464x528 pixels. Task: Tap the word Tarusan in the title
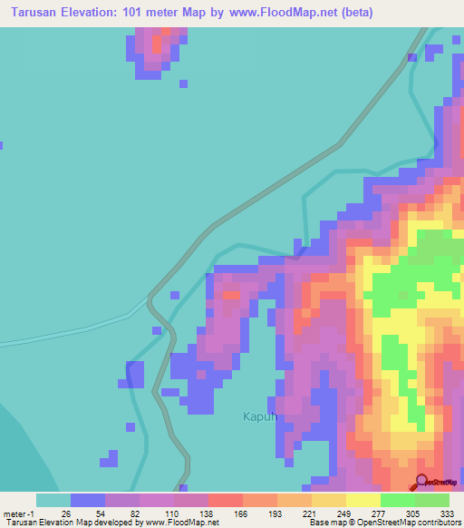point(36,13)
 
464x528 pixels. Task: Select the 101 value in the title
point(150,13)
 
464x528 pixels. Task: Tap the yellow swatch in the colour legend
point(362,500)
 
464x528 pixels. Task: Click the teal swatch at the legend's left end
point(53,500)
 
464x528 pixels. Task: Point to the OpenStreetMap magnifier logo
point(421,482)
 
